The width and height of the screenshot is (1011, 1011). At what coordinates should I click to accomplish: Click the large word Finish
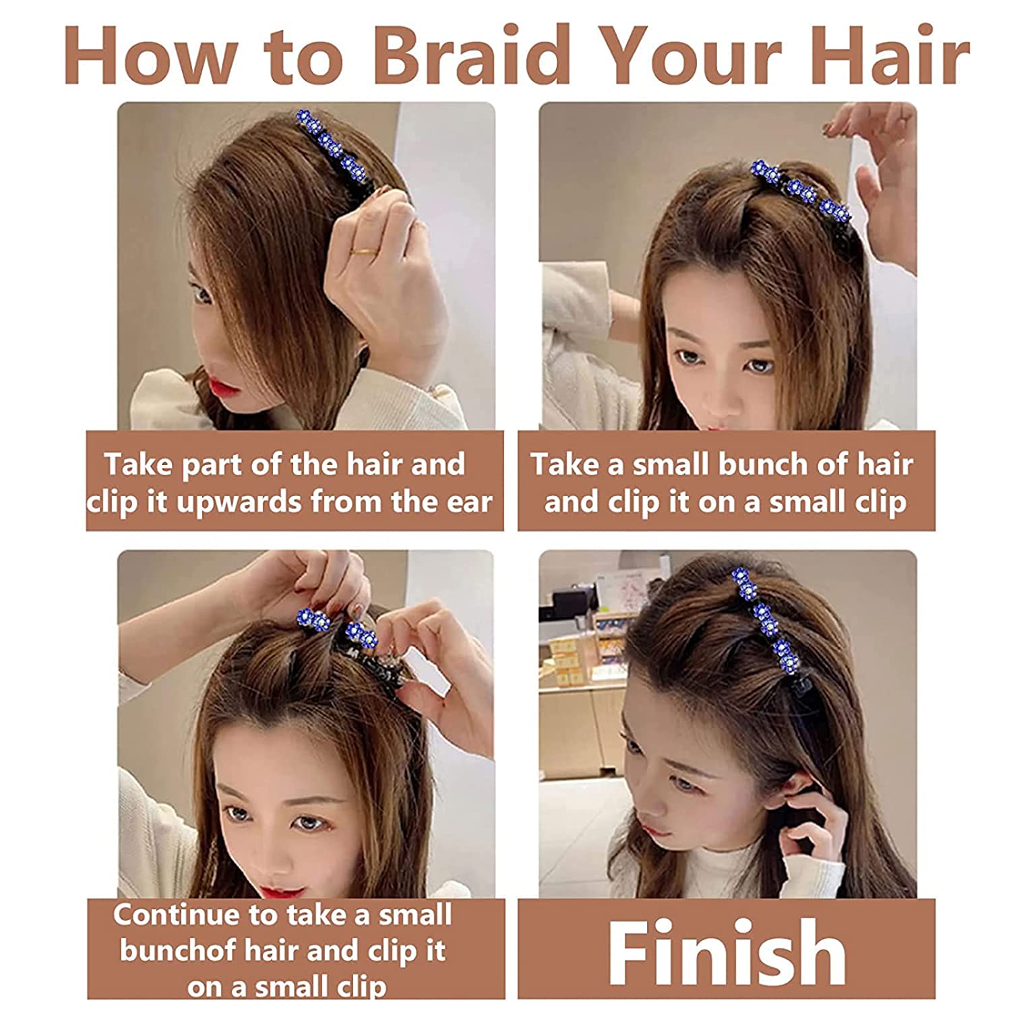(x=727, y=952)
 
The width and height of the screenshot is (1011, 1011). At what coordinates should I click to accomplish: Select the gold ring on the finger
(x=363, y=251)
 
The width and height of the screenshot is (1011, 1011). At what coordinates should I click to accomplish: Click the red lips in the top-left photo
(x=224, y=389)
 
